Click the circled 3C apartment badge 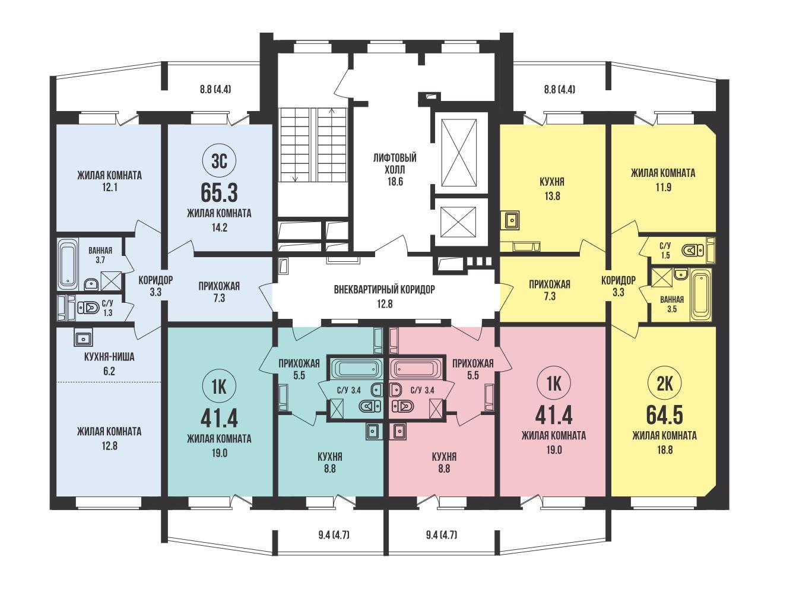pyautogui.click(x=219, y=161)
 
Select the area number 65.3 pyautogui.click(x=219, y=194)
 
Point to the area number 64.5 pyautogui.click(x=664, y=416)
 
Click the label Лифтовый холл pyautogui.click(x=395, y=164)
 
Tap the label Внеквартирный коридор pyautogui.click(x=385, y=290)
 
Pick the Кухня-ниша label pyautogui.click(x=109, y=357)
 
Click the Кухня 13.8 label pyautogui.click(x=553, y=188)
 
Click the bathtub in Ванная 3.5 pyautogui.click(x=700, y=295)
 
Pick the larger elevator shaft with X pyautogui.click(x=459, y=153)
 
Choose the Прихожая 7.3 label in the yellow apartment pyautogui.click(x=550, y=290)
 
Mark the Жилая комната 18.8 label pyautogui.click(x=664, y=442)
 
